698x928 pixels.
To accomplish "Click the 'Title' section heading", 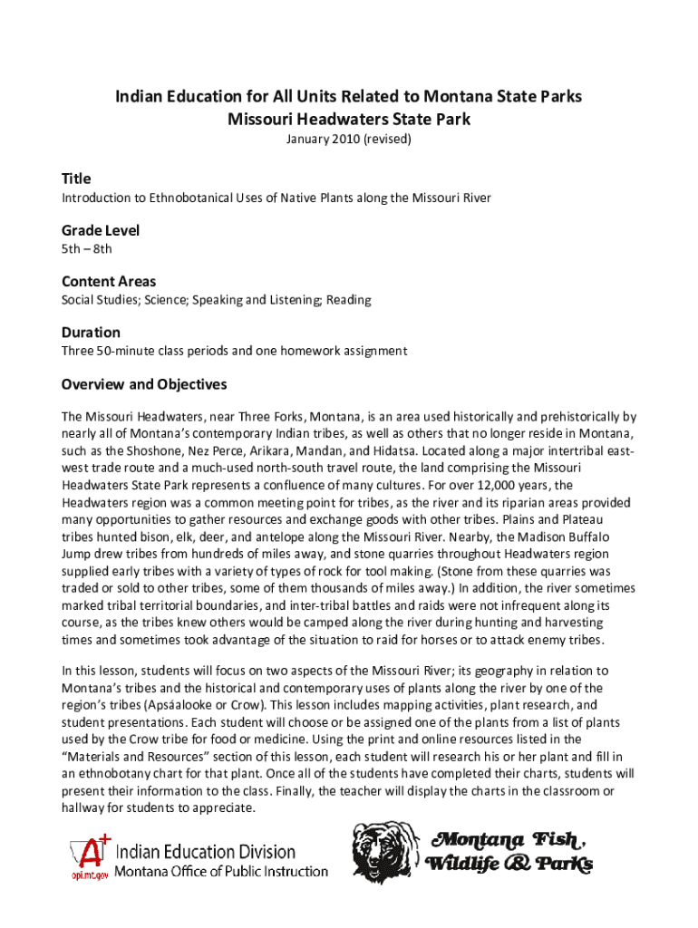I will pos(76,179).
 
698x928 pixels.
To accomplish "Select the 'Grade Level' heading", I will pos(100,230).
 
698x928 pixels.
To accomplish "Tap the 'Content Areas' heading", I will pos(109,281).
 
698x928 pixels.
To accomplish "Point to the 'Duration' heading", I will pos(91,333).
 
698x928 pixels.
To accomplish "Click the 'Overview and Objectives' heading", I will pos(144,384).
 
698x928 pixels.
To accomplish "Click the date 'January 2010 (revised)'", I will pos(349,140).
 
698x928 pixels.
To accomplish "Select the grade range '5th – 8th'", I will pos(87,248).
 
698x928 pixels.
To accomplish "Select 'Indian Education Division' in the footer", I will pos(205,852).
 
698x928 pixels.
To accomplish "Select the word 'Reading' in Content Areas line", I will pos(348,299).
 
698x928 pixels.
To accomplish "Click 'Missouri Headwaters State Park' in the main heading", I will pos(349,119).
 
